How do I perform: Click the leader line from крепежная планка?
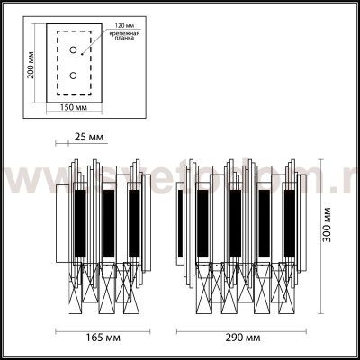[x=102, y=36]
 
